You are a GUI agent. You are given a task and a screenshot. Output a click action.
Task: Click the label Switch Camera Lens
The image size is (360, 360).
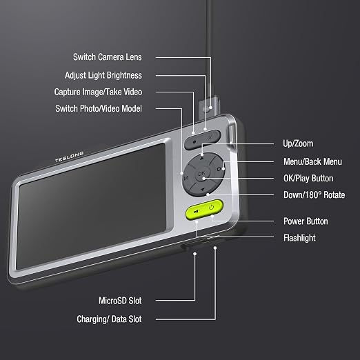tap(108, 57)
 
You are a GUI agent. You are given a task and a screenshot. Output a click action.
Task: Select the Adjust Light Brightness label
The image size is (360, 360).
tap(103, 75)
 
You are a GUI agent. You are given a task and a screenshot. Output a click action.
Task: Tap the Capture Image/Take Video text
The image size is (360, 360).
tap(98, 92)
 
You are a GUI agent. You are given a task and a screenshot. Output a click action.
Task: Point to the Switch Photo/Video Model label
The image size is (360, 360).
tap(99, 108)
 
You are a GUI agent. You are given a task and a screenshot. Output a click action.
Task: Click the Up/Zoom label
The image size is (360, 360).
tap(298, 143)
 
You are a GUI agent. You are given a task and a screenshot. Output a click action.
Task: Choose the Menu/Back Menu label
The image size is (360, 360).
tap(312, 161)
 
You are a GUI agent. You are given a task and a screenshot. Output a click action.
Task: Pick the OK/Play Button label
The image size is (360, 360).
tap(308, 179)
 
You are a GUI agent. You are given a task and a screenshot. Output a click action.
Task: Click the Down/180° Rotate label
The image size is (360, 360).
tap(314, 195)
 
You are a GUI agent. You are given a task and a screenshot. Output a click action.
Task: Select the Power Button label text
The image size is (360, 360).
tap(306, 221)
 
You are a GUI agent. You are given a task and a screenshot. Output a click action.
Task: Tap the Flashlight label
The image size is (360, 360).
tap(299, 238)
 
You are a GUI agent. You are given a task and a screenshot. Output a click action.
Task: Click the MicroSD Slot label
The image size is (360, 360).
tap(120, 301)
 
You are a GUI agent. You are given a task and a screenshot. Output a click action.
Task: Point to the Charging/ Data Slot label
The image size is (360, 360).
tap(109, 319)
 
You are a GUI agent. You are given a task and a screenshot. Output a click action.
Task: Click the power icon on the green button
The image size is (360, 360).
tap(212, 208)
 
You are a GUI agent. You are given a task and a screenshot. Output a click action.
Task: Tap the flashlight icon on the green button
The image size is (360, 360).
tap(196, 211)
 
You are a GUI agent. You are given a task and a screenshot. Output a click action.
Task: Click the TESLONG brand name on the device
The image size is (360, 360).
tap(70, 157)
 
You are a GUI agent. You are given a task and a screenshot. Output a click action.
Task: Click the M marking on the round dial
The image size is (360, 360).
tap(186, 178)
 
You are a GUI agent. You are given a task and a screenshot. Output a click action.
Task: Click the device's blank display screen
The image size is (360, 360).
tap(92, 206)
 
